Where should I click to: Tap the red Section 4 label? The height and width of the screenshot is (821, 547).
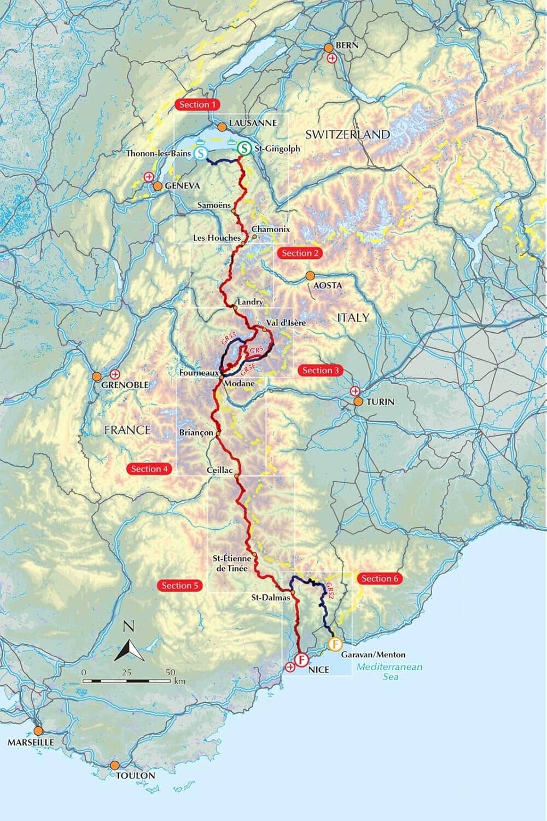coord(149,469)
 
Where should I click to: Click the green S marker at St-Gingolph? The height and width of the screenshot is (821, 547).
coord(244,148)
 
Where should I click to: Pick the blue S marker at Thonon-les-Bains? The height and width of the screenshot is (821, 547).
coord(201,154)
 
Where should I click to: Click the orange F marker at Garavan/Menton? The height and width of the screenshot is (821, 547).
coord(335,645)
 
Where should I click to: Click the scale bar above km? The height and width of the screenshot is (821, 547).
coord(127,681)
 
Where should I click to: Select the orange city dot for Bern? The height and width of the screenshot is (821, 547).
coord(329,48)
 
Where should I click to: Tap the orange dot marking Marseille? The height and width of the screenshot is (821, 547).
coord(38,731)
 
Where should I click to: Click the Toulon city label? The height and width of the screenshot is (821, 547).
coord(135,776)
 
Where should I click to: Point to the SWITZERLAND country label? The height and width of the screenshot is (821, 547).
coord(347,135)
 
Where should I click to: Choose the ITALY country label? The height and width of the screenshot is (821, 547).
coord(353,317)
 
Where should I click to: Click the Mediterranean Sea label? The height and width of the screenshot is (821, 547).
coord(389,672)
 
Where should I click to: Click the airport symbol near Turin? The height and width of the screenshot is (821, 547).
coord(356,391)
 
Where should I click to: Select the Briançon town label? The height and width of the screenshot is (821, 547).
coord(195,432)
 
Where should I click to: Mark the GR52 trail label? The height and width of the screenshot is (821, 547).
coord(328,593)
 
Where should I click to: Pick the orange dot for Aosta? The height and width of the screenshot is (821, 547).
coord(310,275)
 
